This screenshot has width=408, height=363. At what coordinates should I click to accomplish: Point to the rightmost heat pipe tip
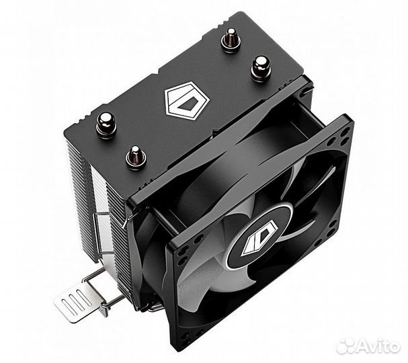(259, 66)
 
